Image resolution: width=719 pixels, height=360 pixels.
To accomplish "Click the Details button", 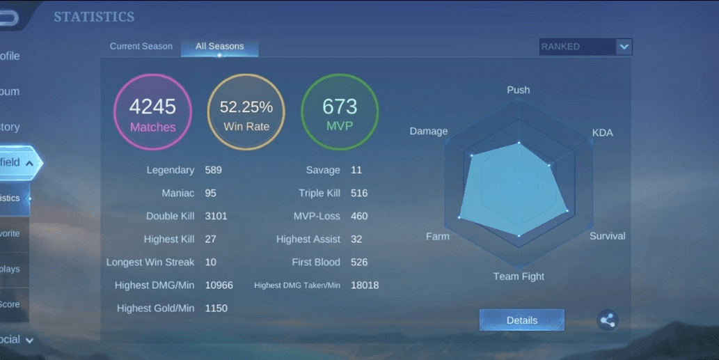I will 521,320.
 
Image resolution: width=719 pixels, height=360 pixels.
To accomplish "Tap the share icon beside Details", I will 608,320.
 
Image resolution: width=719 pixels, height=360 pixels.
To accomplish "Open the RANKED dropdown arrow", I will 624,47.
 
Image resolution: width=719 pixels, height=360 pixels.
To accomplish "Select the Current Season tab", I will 141,47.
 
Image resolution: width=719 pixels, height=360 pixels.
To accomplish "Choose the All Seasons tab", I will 219,47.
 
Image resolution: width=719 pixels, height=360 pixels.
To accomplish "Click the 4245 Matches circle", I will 152,112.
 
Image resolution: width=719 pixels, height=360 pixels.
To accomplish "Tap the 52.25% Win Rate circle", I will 246,112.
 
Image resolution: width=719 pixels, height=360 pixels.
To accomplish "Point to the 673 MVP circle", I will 340,112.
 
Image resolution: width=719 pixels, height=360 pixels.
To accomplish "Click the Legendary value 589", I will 213,170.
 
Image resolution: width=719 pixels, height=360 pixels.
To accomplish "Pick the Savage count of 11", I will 356,170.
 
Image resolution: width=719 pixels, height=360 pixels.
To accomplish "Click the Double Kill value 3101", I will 216,216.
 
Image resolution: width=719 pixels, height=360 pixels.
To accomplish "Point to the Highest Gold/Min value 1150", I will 216,308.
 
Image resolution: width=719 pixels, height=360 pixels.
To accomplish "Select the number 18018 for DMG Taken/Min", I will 365,285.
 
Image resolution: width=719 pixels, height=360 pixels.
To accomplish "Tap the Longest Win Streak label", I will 150,262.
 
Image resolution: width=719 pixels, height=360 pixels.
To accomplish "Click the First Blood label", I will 316,262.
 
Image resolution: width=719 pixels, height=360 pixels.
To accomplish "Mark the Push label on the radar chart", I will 519,90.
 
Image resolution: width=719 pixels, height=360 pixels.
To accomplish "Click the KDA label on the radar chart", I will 602,132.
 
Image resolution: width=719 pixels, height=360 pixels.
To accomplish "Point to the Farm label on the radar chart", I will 437,236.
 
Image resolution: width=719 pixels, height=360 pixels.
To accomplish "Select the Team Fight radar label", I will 519,276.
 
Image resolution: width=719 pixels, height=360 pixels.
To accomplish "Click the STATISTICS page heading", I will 94,17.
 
